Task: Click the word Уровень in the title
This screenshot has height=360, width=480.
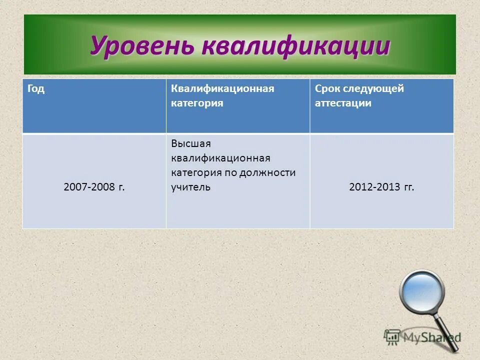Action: click(142, 46)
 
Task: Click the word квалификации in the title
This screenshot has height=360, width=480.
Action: click(295, 46)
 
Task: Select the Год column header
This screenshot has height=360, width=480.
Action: click(36, 89)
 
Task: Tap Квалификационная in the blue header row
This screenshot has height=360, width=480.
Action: click(222, 89)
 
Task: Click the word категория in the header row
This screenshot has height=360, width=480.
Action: click(197, 103)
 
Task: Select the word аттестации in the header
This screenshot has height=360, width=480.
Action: click(343, 103)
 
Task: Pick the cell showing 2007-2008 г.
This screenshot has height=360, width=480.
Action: click(94, 187)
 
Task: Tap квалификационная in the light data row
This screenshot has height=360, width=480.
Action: click(220, 158)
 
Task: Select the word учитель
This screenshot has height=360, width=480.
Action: click(191, 187)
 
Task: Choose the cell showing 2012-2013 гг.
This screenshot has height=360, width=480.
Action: click(381, 187)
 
